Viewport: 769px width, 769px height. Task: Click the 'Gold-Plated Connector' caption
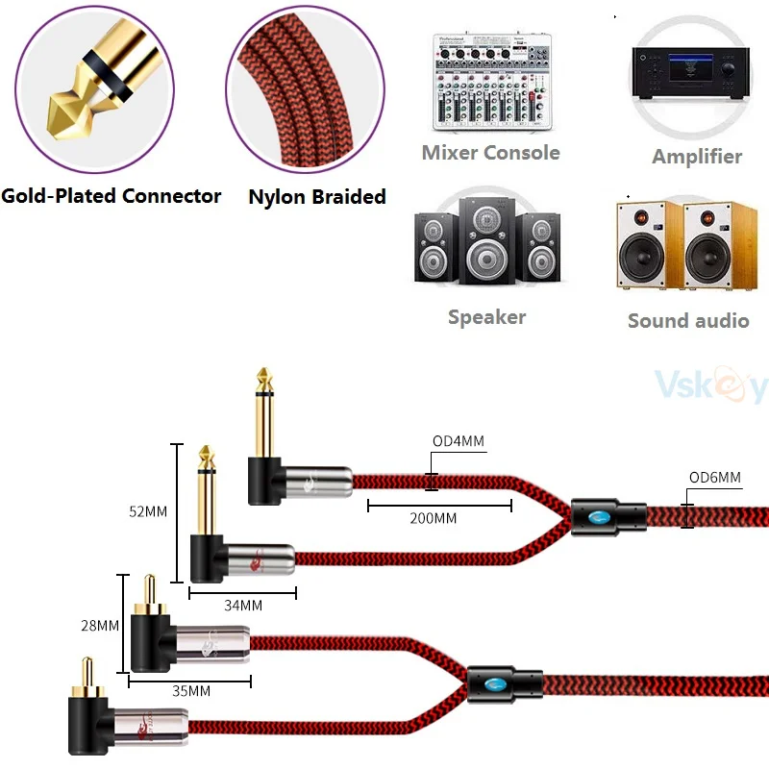point(111,196)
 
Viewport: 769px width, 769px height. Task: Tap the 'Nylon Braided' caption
point(317,197)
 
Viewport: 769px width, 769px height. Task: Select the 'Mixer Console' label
point(490,153)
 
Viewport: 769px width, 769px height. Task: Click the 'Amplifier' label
point(697,156)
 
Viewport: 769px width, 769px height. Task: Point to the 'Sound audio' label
point(688,321)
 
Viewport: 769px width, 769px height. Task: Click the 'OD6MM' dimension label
point(715,477)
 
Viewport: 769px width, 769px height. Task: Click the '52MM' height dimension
point(148,511)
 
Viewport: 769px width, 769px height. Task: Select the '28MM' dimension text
point(100,626)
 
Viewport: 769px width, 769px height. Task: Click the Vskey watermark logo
point(710,386)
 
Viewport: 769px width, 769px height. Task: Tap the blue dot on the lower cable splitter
point(494,686)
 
